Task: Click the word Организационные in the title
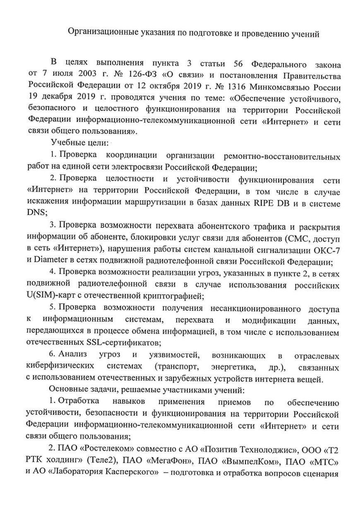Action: (99, 33)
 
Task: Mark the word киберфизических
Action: (58, 367)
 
